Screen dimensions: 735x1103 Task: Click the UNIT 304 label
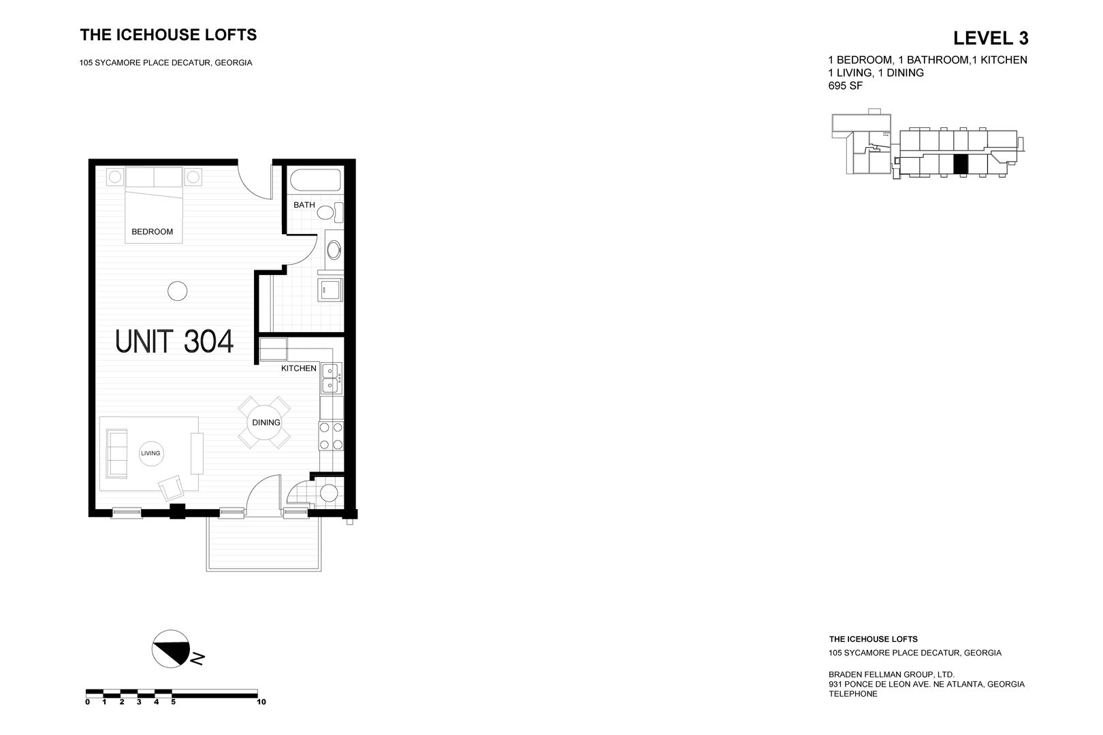175,342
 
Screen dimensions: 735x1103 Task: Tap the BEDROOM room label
152,231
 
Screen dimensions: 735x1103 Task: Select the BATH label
304,205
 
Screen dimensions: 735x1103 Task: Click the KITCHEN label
298,368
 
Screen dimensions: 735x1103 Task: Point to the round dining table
266,423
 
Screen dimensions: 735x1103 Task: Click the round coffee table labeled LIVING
150,453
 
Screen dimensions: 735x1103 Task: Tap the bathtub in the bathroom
315,182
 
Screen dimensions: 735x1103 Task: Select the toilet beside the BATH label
329,212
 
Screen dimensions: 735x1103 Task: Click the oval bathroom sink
334,250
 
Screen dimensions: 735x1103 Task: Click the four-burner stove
330,436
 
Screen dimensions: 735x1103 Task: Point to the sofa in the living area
118,453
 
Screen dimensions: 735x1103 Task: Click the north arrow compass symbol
171,649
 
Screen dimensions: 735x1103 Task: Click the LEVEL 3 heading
990,37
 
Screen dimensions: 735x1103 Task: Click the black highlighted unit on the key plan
960,164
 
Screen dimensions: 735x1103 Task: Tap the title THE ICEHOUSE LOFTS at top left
168,35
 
